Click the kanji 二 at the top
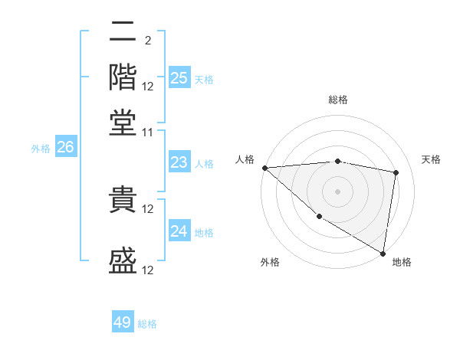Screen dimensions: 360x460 (x=123, y=34)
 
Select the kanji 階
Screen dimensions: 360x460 (x=123, y=77)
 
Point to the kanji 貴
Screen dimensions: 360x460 (x=123, y=200)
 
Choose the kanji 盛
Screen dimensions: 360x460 (x=123, y=261)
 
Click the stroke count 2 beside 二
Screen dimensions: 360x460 (x=147, y=41)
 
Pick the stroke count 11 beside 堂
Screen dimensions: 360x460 (x=148, y=133)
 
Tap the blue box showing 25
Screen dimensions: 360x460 (x=179, y=78)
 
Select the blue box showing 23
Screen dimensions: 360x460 (x=179, y=162)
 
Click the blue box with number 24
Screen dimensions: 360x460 (x=179, y=231)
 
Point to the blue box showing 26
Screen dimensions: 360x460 (x=65, y=148)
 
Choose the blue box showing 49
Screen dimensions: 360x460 (x=123, y=322)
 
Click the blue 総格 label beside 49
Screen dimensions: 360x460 (x=147, y=324)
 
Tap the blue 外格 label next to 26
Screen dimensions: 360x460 (x=41, y=149)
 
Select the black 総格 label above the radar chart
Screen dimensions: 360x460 (x=338, y=100)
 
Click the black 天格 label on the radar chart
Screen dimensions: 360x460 (x=431, y=159)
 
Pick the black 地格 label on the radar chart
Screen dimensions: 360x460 (x=402, y=263)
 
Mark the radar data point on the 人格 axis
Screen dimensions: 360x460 (x=264, y=168)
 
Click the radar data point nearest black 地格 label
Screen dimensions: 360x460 (x=383, y=252)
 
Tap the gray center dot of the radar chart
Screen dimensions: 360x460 (x=337, y=191)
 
